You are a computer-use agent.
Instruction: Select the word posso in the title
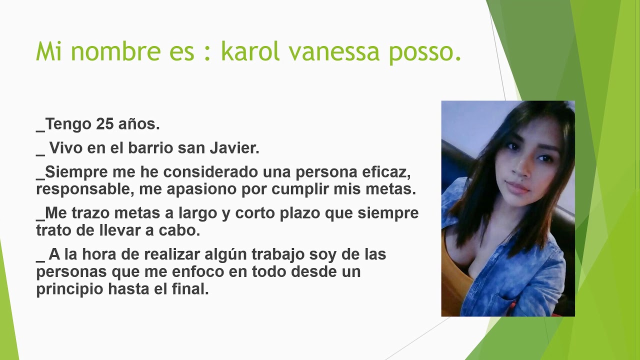(424, 52)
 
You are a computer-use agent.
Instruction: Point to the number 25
(105, 124)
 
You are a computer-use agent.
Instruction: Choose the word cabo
(182, 230)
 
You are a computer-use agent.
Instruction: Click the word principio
(69, 289)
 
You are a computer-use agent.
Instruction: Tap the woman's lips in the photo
(518, 187)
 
